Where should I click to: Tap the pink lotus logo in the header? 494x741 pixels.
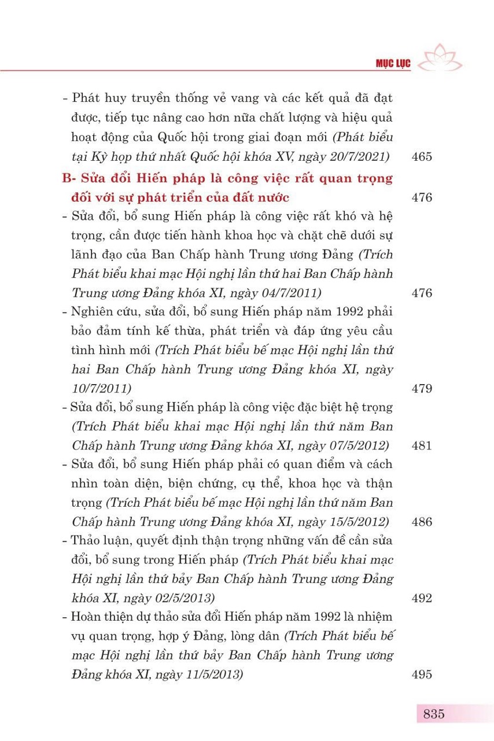coord(439,58)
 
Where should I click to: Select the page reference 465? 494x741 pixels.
coord(422,157)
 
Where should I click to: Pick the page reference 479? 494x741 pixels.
coord(422,388)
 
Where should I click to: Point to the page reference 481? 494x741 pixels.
coord(422,445)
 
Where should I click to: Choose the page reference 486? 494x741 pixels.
coord(422,522)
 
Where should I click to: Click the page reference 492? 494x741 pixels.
coord(422,598)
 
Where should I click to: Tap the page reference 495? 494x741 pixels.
coord(422,674)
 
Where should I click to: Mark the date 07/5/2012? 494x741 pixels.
coord(357,445)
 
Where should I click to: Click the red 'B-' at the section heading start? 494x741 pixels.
coord(70,178)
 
